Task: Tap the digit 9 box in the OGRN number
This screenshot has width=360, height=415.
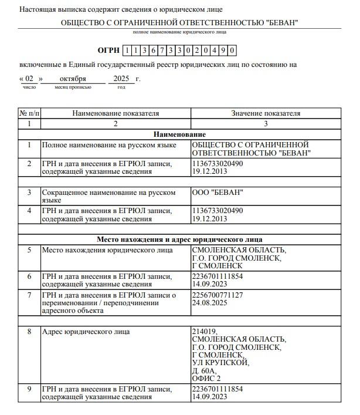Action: coord(222,51)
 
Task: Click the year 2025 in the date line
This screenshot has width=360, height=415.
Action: coord(121,78)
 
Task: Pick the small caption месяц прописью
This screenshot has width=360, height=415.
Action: coord(73,87)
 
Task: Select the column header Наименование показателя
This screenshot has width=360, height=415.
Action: coord(116,113)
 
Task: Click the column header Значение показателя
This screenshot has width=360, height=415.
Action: coord(266,113)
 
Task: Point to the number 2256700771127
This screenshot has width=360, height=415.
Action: coord(218,295)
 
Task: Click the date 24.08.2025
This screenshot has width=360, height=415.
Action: coord(209,303)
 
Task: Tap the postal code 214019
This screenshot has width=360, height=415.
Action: coord(204,332)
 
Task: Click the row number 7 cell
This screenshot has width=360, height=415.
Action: coord(29,295)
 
